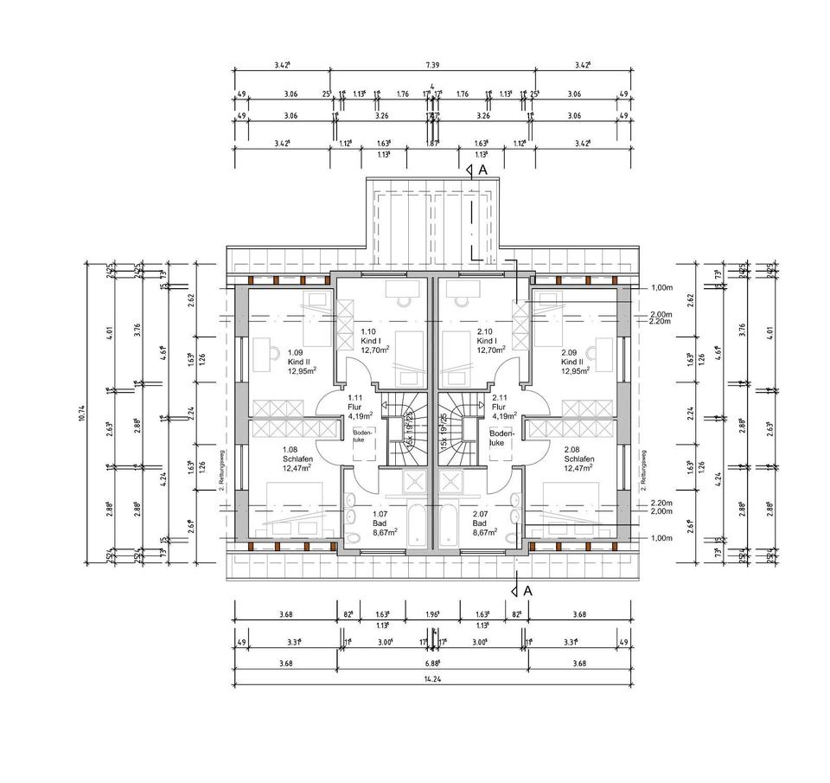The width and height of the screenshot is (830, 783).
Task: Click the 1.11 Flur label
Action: pyautogui.click(x=356, y=406)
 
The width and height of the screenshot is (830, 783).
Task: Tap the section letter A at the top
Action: pyautogui.click(x=482, y=170)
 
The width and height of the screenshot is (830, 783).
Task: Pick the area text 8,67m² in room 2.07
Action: pyautogui.click(x=486, y=532)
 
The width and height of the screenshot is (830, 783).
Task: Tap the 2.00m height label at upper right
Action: pyautogui.click(x=661, y=315)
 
